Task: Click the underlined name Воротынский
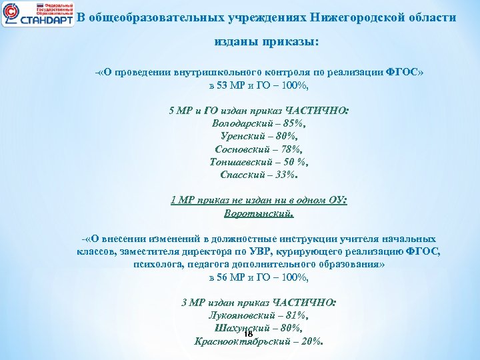tap(259, 213)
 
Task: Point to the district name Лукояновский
tap(241, 315)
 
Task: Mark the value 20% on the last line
tap(310, 341)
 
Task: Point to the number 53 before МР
tap(223, 86)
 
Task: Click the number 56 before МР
tap(223, 277)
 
